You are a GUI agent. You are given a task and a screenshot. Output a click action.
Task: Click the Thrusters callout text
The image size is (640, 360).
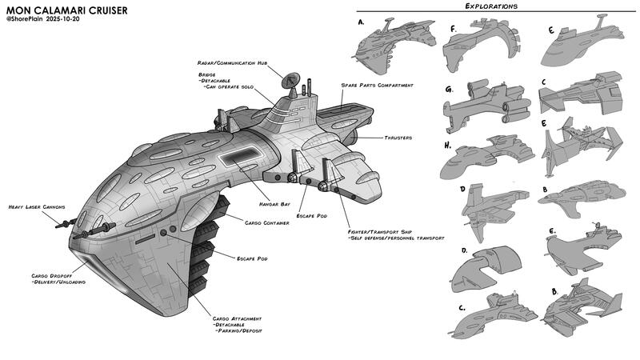point(397,138)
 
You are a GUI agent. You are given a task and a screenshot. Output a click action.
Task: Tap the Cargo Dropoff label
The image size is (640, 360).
point(52,275)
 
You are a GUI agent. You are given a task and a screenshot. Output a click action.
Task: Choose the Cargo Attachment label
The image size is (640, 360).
point(239,318)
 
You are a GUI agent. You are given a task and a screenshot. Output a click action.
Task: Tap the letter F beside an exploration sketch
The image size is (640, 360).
point(453,29)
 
